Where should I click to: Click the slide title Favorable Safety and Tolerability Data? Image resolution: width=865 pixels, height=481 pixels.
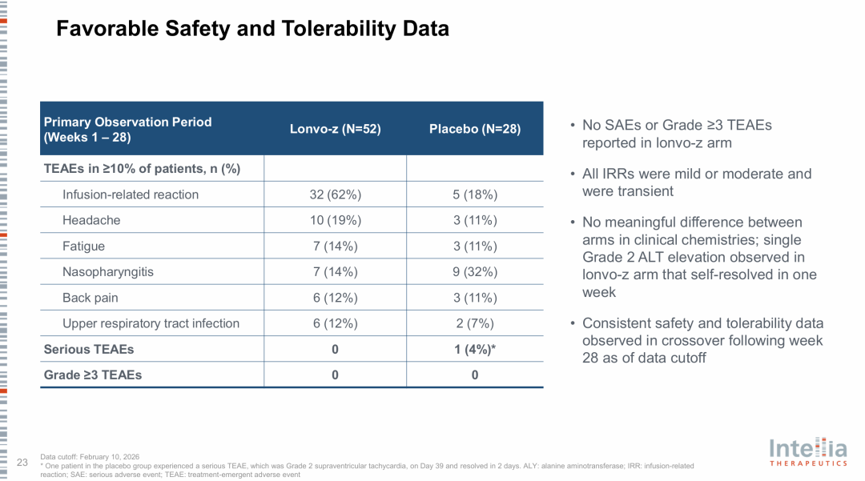pos(252,29)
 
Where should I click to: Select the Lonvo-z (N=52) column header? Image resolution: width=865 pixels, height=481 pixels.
pos(336,129)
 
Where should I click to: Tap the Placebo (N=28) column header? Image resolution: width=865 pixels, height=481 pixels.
pos(475,129)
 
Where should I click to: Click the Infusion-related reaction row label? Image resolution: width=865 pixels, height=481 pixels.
pos(131,194)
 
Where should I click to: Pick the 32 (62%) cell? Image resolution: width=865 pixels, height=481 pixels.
pos(336,194)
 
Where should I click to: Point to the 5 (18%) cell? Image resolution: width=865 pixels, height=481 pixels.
pos(475,194)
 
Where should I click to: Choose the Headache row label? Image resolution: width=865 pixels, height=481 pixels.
pos(91,220)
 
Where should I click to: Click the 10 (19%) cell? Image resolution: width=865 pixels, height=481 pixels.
pos(336,220)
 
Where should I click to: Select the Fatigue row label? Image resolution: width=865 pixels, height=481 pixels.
pos(83,247)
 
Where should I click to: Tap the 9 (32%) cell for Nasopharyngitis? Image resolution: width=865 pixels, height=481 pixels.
pos(475,271)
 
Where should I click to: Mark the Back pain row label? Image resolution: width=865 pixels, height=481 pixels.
pos(90,298)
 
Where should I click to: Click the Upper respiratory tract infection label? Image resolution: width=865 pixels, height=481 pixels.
pos(151,323)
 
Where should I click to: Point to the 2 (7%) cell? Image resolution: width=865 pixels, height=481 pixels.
pos(475,323)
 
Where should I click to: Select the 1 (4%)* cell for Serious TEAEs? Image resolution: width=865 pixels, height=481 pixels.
pos(475,349)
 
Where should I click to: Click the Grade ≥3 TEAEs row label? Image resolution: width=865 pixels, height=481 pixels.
pos(93,375)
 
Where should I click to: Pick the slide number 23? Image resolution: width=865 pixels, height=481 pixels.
pos(22,463)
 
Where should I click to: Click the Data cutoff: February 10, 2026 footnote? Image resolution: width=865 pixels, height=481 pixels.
pos(90,457)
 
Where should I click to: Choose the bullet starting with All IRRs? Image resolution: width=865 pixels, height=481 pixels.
pos(697,182)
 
